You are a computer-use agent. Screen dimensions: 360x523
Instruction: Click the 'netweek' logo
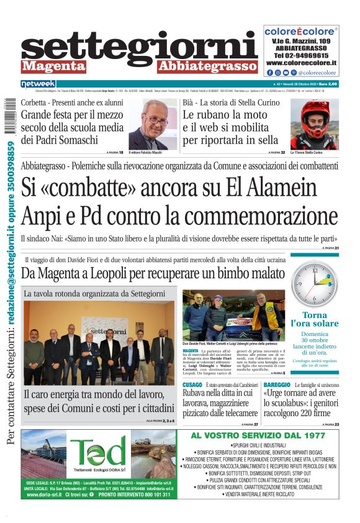tap(38, 83)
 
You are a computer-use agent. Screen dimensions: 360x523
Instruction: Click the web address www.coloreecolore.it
tap(301, 63)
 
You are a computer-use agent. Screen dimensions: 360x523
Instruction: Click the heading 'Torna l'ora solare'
tap(314, 319)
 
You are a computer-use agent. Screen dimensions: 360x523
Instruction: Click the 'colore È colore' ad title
tap(300, 31)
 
